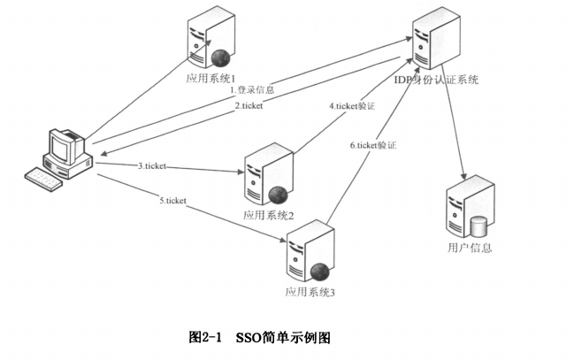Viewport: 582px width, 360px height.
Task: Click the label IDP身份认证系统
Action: coord(436,80)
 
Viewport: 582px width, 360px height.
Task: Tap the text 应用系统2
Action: coord(268,214)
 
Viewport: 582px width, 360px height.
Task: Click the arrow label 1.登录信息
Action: coord(251,90)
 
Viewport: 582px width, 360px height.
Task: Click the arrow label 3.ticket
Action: coord(152,165)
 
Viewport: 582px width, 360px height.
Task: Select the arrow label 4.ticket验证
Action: coord(352,106)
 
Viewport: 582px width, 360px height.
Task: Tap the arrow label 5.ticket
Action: coord(172,201)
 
